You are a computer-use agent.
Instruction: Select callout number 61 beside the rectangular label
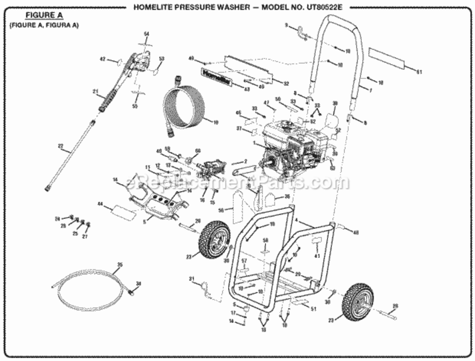pyautogui.click(x=419, y=72)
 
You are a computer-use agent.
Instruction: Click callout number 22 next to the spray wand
pyautogui.click(x=60, y=146)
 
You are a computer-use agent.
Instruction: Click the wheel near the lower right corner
pyautogui.click(x=358, y=302)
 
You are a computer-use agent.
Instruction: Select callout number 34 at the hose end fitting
pyautogui.click(x=138, y=284)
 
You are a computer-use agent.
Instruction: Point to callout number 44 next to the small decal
pyautogui.click(x=101, y=205)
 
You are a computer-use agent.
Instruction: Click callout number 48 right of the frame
pyautogui.click(x=356, y=232)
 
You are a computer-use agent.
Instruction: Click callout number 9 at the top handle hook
pyautogui.click(x=286, y=25)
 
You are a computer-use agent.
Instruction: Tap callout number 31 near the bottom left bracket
pyautogui.click(x=191, y=279)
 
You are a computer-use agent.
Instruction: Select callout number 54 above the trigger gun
pyautogui.click(x=147, y=33)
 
